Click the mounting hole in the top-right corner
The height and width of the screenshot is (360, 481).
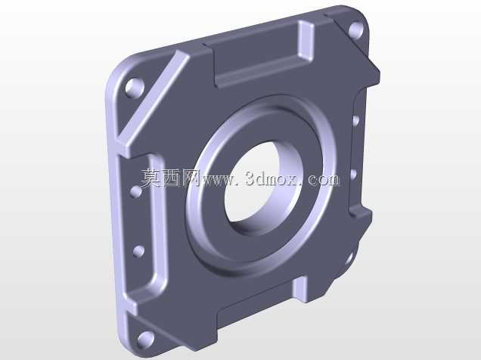tap(356, 29)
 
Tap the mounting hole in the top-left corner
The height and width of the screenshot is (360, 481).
tap(135, 88)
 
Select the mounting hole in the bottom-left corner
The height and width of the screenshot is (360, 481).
tap(145, 340)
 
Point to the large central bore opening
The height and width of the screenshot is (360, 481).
tap(263, 188)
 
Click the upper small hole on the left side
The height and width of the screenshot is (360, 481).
tap(136, 191)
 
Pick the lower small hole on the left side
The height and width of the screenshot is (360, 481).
tap(138, 251)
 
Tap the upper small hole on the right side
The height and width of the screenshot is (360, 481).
tap(356, 120)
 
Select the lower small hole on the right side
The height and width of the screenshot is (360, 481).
tap(353, 174)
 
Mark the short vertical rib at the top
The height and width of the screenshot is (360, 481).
tap(306, 41)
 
